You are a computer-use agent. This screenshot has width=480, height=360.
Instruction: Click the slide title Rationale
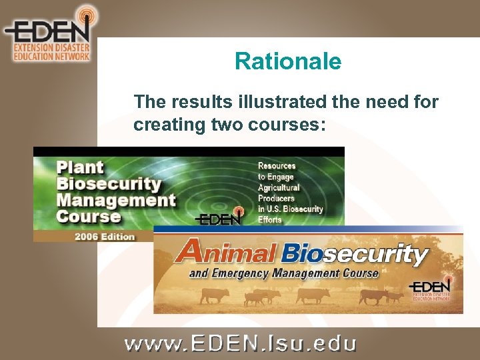pyautogui.click(x=287, y=62)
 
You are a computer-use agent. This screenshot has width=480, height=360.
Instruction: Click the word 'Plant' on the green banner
pyautogui.click(x=80, y=167)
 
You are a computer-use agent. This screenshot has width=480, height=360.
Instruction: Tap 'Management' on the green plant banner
pyautogui.click(x=116, y=200)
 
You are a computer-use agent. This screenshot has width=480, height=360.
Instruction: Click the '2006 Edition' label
pyautogui.click(x=105, y=236)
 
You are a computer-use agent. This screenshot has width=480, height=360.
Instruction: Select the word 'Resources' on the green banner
pyautogui.click(x=277, y=165)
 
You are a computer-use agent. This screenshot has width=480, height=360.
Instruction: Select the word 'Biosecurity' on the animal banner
pyautogui.click(x=355, y=253)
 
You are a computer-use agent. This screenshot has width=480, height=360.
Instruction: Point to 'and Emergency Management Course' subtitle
pyautogui.click(x=283, y=273)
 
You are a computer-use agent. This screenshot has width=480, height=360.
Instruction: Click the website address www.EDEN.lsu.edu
pyautogui.click(x=240, y=343)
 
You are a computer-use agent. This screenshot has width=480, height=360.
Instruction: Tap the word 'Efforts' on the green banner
pyautogui.click(x=271, y=219)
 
